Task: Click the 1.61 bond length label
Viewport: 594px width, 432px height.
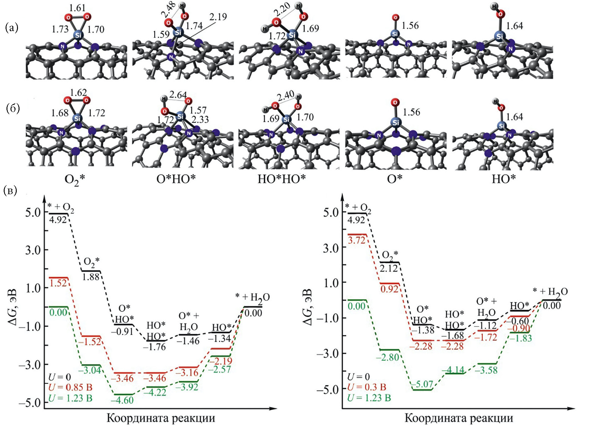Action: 77,8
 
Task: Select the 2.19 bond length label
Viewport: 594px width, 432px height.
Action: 218,17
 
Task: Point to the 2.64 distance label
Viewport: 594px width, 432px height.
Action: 178,94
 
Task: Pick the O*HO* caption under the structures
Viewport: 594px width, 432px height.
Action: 176,179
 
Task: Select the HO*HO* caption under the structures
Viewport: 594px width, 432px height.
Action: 282,179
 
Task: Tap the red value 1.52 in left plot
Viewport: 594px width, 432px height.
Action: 58,283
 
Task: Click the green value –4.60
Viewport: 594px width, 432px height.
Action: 122,400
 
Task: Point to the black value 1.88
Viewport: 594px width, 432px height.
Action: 91,277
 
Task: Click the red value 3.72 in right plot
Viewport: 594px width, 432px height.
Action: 357,240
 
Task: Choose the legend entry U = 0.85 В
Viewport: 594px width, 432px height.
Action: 70,387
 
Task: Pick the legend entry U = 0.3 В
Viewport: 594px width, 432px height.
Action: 366,387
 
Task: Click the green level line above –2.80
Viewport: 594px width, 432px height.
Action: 389,350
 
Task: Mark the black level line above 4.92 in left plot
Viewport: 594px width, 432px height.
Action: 59,214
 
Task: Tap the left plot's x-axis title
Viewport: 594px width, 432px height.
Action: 161,418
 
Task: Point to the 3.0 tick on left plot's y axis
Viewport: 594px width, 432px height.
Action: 33,250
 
